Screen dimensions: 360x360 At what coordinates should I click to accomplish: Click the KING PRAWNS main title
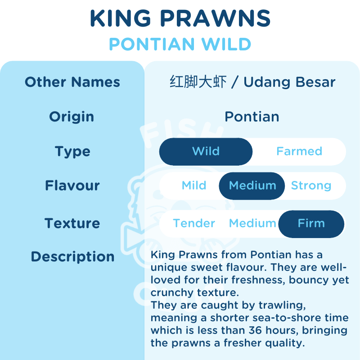[180, 18]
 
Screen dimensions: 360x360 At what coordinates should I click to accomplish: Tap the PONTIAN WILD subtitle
[180, 44]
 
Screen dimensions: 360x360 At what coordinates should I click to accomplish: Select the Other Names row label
[72, 82]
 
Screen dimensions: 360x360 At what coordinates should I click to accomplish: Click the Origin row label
[72, 117]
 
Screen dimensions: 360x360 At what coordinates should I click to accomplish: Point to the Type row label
[72, 152]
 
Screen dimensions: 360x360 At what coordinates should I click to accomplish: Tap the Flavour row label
[72, 185]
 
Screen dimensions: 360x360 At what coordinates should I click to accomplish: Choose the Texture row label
[72, 223]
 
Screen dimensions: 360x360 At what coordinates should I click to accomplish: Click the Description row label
[72, 256]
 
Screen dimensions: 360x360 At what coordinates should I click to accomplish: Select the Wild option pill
[206, 152]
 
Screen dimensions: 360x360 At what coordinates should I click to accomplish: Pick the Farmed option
[299, 151]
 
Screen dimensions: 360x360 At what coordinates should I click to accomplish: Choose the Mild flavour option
[194, 185]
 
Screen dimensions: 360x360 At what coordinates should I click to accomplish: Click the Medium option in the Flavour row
[252, 186]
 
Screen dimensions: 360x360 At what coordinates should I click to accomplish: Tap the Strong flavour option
[311, 186]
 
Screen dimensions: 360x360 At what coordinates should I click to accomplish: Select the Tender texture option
[194, 223]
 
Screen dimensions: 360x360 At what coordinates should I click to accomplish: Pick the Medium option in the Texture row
[252, 223]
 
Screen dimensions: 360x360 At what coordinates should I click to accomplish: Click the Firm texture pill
[311, 224]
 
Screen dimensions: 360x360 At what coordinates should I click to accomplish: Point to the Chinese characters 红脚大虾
[198, 82]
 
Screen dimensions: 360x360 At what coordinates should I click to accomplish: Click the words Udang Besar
[289, 82]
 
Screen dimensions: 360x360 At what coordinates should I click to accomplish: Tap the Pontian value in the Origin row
[252, 117]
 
